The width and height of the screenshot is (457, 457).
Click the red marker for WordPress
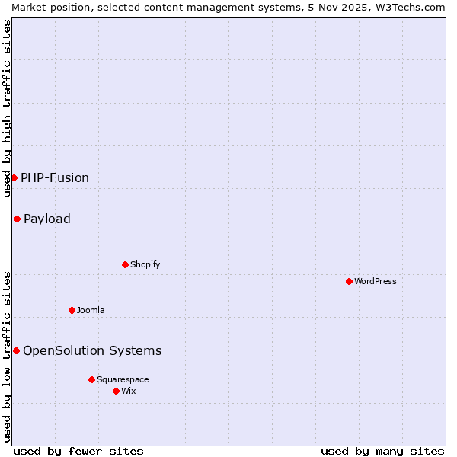click(x=349, y=281)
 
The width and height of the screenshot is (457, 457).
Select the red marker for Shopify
click(x=125, y=264)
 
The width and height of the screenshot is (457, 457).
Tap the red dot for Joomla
click(x=72, y=310)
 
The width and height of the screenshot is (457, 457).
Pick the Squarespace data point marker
click(x=91, y=379)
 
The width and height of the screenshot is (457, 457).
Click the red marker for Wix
click(x=116, y=391)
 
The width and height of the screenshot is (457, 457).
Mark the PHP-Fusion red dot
click(x=14, y=177)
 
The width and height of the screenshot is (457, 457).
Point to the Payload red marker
click(x=17, y=219)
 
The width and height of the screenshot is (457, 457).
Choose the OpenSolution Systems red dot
click(x=16, y=350)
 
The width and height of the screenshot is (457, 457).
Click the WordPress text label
click(x=375, y=281)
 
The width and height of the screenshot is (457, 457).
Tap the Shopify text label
click(x=145, y=264)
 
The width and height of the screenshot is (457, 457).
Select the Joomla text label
click(x=91, y=310)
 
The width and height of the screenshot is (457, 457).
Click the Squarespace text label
click(x=123, y=379)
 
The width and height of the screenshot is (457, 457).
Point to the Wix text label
click(x=128, y=391)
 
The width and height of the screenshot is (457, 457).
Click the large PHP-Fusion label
click(x=55, y=177)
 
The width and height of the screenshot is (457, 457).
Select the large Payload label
click(x=47, y=219)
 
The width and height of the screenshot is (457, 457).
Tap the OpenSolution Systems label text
click(x=92, y=350)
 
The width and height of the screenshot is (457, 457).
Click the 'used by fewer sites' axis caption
click(x=78, y=451)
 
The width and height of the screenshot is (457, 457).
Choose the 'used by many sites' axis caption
click(x=382, y=451)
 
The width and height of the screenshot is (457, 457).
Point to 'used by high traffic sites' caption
click(x=7, y=108)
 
